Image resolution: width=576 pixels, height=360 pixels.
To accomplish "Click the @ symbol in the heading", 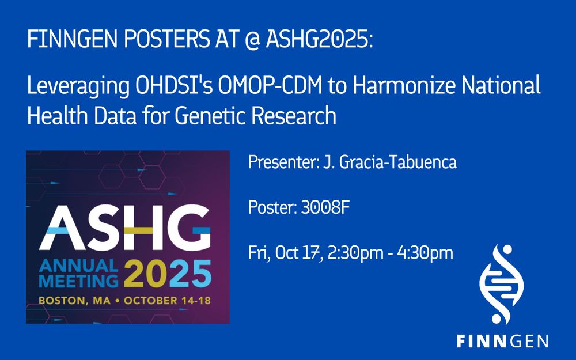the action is click(x=253, y=39).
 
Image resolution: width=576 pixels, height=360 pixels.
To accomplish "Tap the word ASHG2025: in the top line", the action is click(x=319, y=39).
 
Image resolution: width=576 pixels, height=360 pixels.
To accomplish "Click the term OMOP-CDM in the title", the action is click(x=270, y=86).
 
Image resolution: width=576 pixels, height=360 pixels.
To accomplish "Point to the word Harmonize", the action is click(x=404, y=86).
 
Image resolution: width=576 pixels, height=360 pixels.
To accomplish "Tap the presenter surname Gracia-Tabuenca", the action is click(x=398, y=162).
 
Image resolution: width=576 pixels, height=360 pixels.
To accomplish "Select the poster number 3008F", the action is click(x=325, y=207).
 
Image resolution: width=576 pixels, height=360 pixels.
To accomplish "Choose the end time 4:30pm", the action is click(x=425, y=253).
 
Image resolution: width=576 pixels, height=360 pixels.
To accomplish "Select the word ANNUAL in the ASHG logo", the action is click(x=78, y=266).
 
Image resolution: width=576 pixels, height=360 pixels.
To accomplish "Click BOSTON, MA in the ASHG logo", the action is click(x=74, y=301).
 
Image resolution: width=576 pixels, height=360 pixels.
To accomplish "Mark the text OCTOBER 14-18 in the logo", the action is click(x=167, y=301).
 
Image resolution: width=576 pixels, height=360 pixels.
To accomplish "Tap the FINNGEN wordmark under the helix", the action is click(x=502, y=341).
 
